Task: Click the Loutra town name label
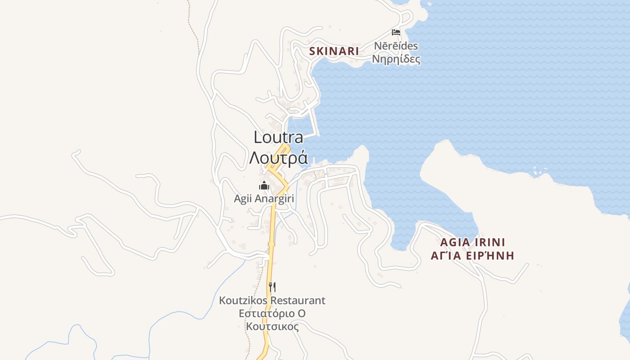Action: (x=278, y=137)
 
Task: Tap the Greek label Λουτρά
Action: (x=278, y=158)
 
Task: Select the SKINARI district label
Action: (x=334, y=51)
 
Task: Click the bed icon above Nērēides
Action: (x=396, y=32)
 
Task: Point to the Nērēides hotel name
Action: (x=396, y=46)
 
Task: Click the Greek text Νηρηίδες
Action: (x=396, y=59)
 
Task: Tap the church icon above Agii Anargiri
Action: (x=264, y=185)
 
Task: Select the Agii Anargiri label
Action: (x=264, y=198)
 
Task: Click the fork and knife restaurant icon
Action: (x=272, y=287)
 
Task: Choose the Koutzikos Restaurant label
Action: (x=272, y=300)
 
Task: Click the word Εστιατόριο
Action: (x=266, y=313)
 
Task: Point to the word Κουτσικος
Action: (x=272, y=326)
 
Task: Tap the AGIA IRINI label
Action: (x=472, y=242)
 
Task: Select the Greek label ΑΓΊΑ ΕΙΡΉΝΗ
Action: (x=472, y=256)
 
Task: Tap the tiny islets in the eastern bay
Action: (x=538, y=171)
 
